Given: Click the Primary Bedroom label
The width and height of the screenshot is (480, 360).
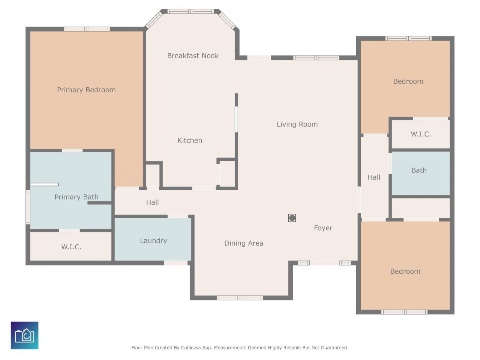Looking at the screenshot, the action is coord(86,90).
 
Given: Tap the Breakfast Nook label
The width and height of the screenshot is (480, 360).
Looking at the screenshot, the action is coord(193,56).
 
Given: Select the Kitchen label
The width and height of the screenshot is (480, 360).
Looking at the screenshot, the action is coord(190,140).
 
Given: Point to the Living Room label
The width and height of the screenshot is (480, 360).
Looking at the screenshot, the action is coord(297,124).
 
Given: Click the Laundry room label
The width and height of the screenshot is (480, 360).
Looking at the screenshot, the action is coord(153,241).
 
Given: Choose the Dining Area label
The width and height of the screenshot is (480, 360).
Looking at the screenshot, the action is coord(244,243).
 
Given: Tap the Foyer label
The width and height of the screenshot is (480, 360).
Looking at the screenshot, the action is coord(323,228).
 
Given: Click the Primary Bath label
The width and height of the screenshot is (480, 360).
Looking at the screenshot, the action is coord(76,197).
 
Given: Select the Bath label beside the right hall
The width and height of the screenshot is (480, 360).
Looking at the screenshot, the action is coord(419,170).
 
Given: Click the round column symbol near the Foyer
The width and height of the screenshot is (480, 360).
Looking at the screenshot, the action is coord(292,218).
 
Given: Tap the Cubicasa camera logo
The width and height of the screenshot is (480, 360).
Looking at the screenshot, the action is coord(24,335).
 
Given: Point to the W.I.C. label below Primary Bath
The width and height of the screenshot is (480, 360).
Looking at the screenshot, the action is coord(71,247).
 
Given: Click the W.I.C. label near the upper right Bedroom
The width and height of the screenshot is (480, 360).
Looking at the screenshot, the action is coord(421,134).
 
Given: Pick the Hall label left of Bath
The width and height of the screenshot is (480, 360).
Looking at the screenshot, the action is coord(374,177).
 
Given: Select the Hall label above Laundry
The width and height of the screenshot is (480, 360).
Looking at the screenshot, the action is coord(152,202).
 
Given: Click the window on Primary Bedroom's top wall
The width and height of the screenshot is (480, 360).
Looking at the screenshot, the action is coord(87,29).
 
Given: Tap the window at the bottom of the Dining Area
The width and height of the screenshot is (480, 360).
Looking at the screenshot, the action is coord(240,298).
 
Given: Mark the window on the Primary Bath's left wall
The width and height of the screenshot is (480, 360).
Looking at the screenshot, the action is coord(28,207).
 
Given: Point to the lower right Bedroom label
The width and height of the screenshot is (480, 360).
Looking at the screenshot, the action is coord(405,271).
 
